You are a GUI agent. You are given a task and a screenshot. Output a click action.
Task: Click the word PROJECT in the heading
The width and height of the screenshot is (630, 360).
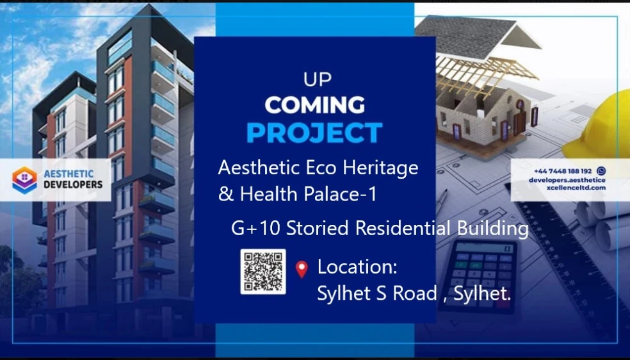click(314, 133)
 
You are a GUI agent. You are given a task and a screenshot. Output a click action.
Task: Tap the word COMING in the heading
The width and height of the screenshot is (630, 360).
click(314, 105)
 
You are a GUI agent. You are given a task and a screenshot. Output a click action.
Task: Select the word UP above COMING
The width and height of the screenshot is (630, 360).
click(318, 79)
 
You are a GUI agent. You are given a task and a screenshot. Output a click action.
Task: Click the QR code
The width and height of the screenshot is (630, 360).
click(263, 272)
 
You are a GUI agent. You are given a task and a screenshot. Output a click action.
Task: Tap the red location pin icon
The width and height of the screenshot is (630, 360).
click(302, 269)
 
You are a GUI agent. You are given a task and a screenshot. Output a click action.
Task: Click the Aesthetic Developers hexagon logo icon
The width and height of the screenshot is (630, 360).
click(24, 180)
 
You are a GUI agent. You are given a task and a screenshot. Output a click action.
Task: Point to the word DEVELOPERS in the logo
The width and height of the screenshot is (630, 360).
click(73, 185)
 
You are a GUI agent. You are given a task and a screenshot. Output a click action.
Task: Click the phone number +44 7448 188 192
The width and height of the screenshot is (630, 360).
click(563, 171)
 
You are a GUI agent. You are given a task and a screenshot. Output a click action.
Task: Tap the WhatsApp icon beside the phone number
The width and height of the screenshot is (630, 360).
click(601, 171)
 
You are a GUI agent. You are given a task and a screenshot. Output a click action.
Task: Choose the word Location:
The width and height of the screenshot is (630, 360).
click(357, 266)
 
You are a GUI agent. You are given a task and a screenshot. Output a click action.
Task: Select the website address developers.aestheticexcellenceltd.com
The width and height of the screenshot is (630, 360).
click(567, 184)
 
